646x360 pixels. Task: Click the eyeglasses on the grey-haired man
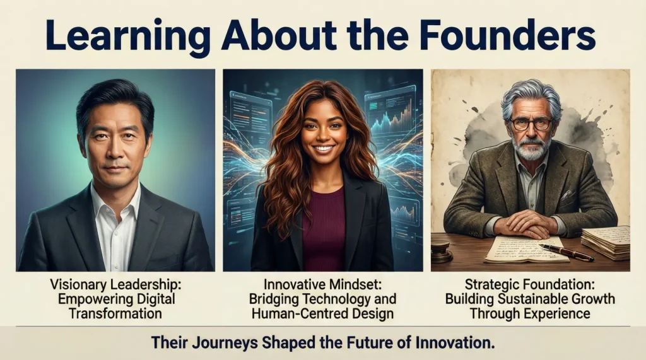pyautogui.click(x=531, y=123)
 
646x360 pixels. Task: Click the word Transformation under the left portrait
pyautogui.click(x=115, y=313)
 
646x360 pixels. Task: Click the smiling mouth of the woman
pyautogui.click(x=324, y=148)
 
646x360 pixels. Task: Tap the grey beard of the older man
pyautogui.click(x=531, y=148)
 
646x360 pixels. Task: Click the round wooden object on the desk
pyautogui.click(x=441, y=252)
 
